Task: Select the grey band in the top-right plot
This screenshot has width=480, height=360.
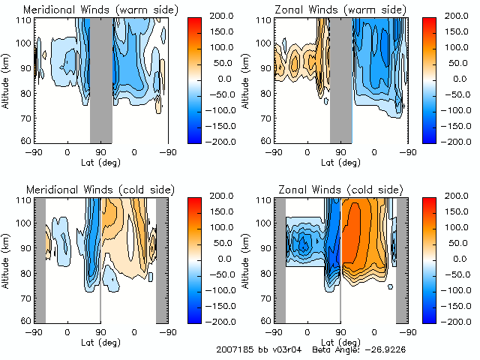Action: coord(340,79)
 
